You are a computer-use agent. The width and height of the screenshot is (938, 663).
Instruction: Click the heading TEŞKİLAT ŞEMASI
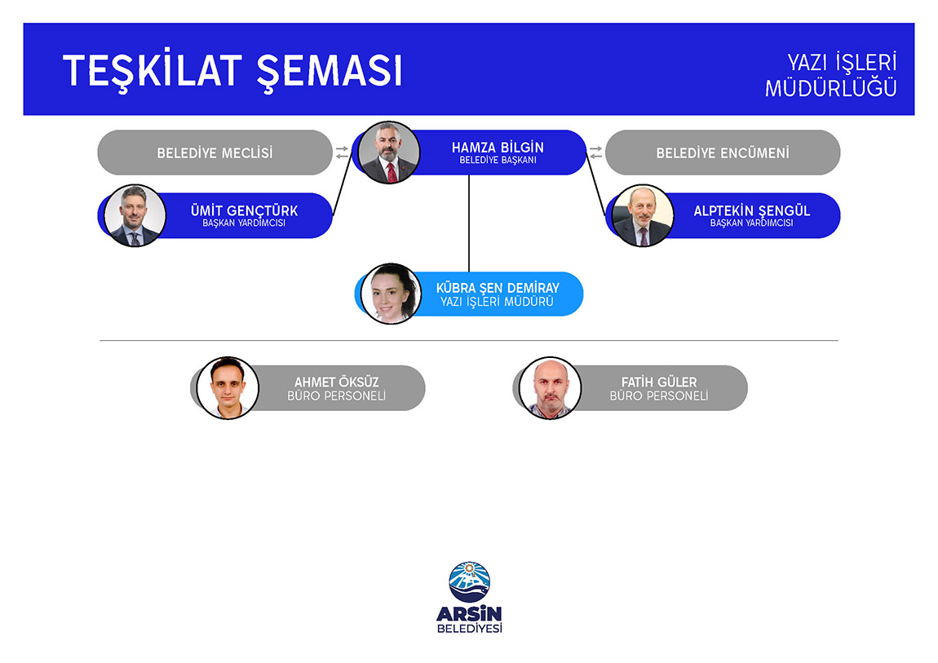click(232, 71)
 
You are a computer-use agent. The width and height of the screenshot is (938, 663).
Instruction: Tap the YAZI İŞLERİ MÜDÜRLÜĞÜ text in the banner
click(831, 75)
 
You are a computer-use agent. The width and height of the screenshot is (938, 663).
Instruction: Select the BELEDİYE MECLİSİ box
click(215, 152)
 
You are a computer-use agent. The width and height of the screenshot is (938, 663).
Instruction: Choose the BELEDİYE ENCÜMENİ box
click(723, 152)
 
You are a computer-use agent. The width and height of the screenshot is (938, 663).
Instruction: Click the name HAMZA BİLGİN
click(498, 147)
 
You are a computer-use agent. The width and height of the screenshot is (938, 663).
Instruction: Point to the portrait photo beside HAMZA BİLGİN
click(389, 152)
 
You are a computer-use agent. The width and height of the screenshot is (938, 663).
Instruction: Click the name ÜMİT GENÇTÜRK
click(244, 210)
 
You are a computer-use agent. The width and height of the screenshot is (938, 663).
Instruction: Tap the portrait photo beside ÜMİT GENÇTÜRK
click(135, 215)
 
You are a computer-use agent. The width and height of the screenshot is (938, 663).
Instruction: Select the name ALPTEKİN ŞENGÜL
click(752, 210)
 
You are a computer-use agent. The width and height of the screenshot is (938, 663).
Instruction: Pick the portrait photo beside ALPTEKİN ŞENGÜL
click(643, 215)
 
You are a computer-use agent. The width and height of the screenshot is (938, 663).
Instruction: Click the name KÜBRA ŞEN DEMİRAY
click(498, 288)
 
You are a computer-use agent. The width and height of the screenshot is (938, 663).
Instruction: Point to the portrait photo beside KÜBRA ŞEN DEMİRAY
click(392, 294)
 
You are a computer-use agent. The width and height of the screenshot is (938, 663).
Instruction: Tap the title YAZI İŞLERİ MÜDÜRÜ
click(497, 302)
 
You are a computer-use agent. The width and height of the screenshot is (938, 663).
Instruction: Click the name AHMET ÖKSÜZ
click(336, 382)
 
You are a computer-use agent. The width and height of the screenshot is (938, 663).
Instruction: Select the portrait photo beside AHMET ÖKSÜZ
click(228, 388)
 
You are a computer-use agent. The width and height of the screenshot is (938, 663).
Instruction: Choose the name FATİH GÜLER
click(658, 382)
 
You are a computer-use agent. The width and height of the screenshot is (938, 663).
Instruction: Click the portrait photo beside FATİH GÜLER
click(550, 388)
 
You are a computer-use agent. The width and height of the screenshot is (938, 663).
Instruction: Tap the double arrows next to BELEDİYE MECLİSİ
click(342, 152)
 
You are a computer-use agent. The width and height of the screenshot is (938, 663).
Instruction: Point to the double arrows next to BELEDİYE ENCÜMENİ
click(595, 152)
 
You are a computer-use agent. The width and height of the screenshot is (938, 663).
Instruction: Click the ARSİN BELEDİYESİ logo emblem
click(470, 581)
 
